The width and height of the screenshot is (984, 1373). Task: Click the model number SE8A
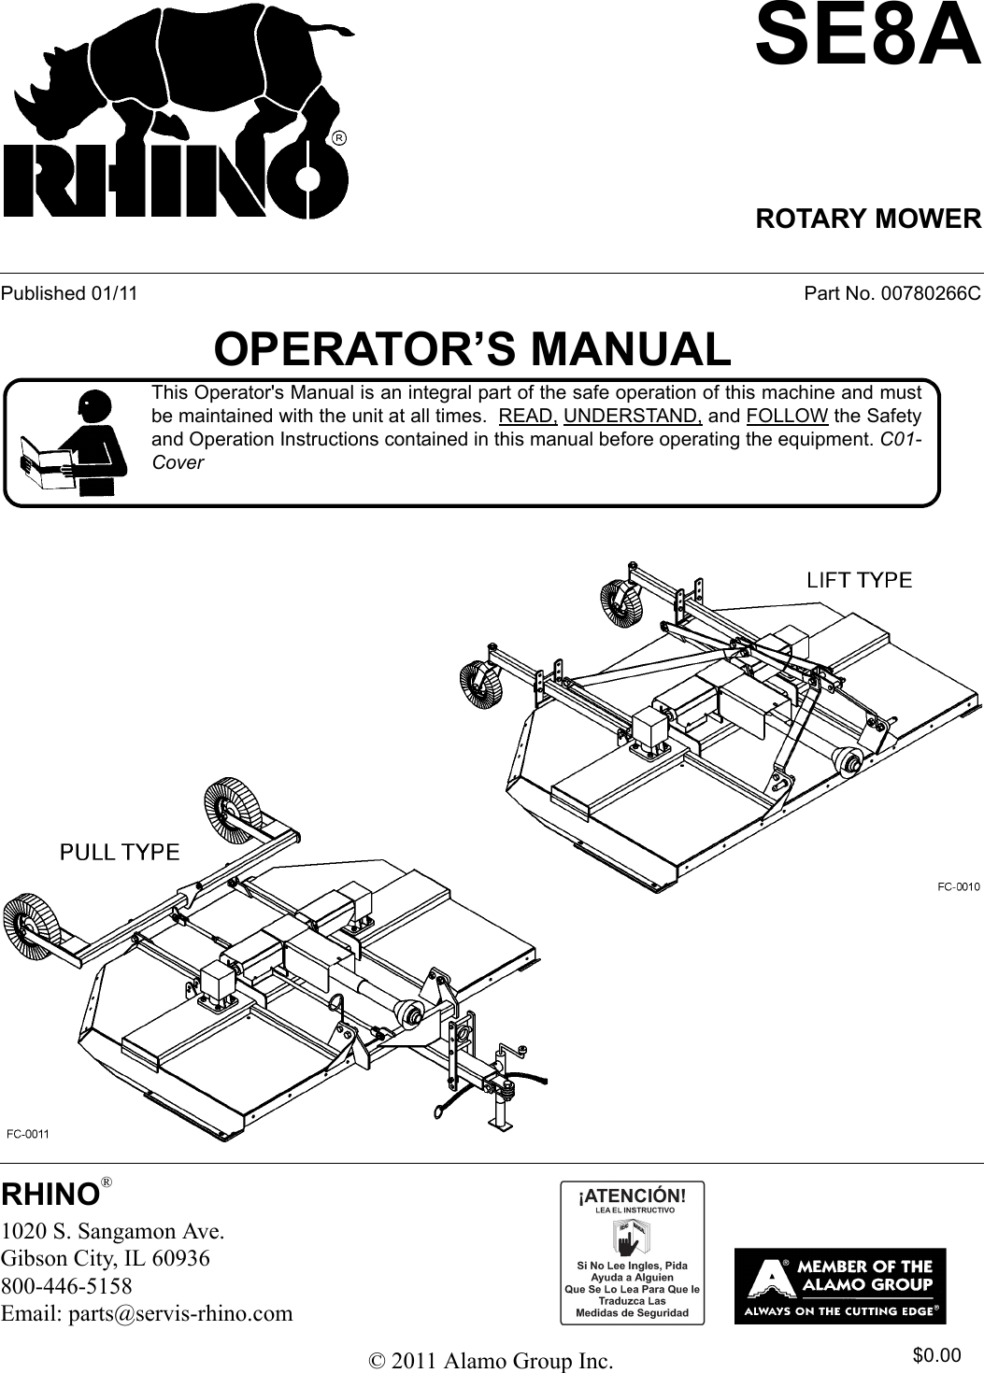(867, 35)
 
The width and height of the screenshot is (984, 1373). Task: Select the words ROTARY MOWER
(867, 219)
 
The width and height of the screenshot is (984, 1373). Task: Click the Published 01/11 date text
(69, 293)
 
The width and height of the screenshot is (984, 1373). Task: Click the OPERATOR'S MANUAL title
(472, 349)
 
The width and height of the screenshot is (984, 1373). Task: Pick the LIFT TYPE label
(859, 580)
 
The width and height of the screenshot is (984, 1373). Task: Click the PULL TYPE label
(120, 851)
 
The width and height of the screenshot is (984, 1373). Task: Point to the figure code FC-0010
(952, 887)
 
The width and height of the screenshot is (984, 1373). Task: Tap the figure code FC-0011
(28, 1134)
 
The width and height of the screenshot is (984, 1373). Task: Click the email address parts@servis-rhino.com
(147, 1313)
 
